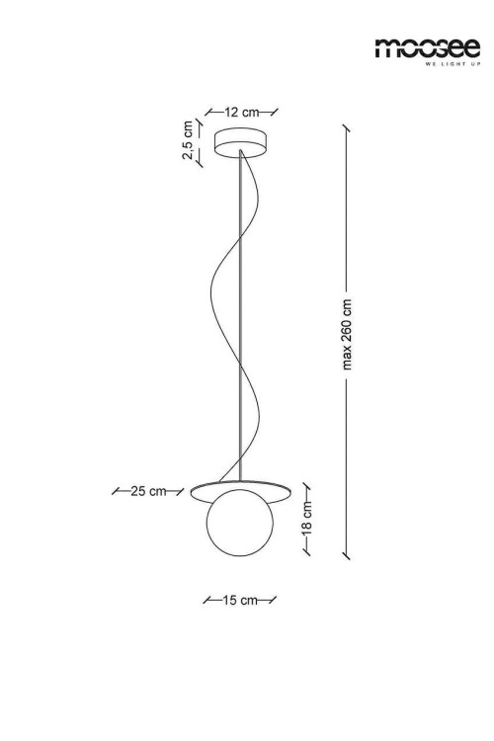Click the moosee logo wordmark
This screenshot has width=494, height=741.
[428, 48]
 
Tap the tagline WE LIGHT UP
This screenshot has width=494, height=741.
[453, 64]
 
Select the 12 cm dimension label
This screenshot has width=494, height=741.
[241, 112]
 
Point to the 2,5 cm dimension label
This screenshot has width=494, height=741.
[188, 140]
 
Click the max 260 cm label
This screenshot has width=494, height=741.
[348, 334]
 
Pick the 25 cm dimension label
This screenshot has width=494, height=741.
[148, 491]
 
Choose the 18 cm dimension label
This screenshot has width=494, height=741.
[307, 518]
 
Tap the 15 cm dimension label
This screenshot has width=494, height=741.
[240, 600]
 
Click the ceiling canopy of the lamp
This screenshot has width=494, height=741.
[240, 142]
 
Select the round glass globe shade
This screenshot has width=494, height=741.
[240, 523]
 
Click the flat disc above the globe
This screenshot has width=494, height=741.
[241, 490]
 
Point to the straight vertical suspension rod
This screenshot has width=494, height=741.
[241, 315]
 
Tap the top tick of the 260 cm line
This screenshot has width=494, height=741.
[347, 128]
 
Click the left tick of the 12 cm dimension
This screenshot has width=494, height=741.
[208, 112]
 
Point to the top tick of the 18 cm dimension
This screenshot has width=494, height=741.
[306, 487]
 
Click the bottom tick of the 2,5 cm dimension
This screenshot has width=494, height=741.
[199, 162]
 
